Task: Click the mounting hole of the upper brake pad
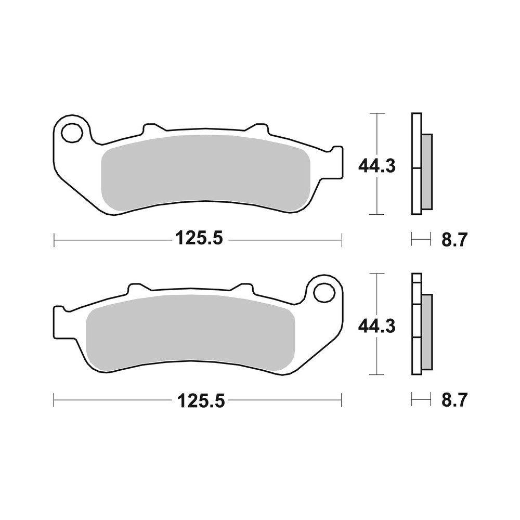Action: pyautogui.click(x=72, y=133)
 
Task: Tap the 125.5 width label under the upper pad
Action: pyautogui.click(x=199, y=239)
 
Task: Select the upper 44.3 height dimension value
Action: pyautogui.click(x=377, y=166)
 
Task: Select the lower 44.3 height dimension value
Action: pyautogui.click(x=377, y=327)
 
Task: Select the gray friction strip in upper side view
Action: pyautogui.click(x=426, y=171)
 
